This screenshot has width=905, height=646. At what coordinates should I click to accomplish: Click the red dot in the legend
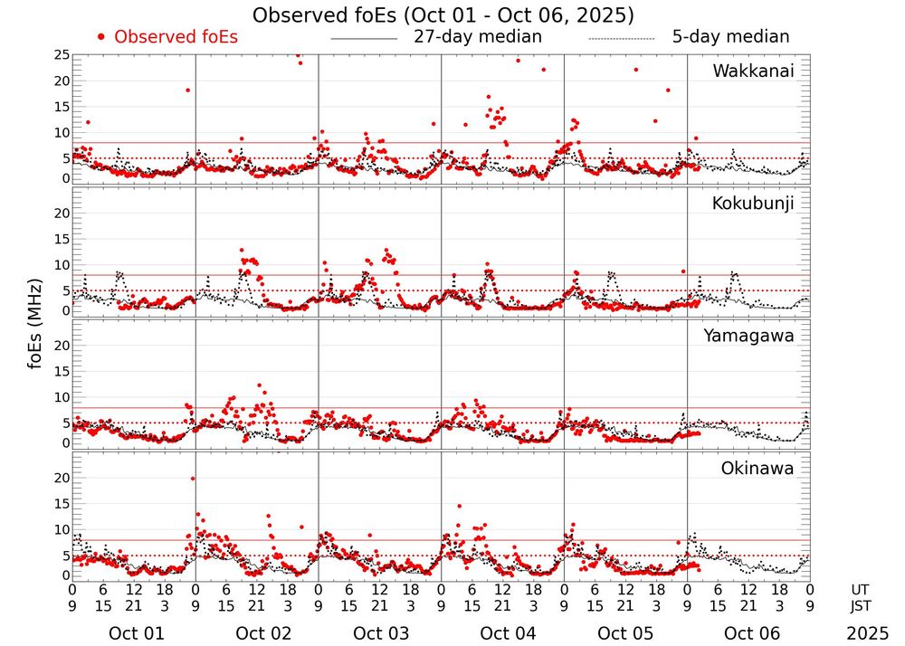pos(101,37)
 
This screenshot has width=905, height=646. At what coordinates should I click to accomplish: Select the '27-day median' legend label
pos(478,37)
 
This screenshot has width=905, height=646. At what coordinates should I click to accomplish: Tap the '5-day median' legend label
pos(730,37)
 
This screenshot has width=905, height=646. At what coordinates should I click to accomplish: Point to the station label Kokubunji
pos(753,204)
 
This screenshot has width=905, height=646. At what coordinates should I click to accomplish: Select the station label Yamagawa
pos(749,337)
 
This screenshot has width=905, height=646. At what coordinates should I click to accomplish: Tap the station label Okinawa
pos(757,469)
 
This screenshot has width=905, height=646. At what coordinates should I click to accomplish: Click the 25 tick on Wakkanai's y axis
pos(62,55)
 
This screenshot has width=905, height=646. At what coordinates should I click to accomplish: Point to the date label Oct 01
pos(137,633)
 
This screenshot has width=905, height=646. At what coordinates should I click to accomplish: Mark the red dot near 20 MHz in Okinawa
pos(193,479)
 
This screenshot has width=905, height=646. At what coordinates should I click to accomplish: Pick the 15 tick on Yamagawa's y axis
pos(62,372)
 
